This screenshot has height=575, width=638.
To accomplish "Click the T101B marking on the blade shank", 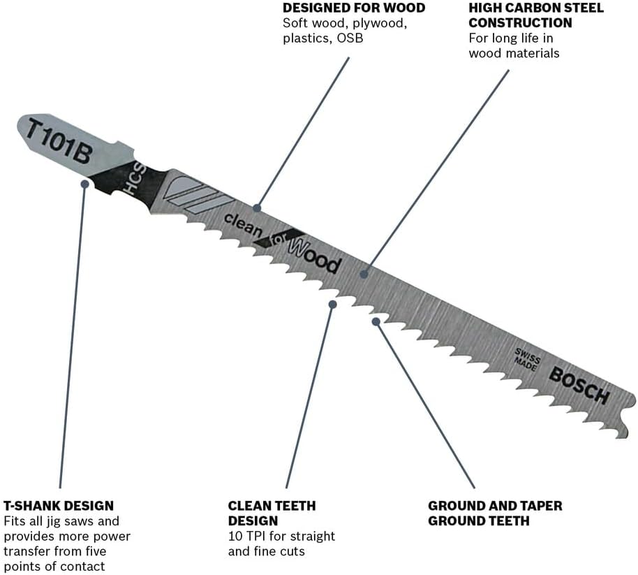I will (59, 142).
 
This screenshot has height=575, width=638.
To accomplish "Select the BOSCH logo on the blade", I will (579, 385).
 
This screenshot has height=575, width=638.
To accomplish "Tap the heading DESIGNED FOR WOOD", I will (354, 8).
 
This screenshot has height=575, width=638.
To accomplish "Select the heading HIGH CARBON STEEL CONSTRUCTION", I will (535, 15).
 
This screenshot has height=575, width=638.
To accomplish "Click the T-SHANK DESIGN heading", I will (59, 505).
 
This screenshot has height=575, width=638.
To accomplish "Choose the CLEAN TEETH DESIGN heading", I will (272, 513).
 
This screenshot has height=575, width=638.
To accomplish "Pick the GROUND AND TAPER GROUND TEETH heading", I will (495, 513).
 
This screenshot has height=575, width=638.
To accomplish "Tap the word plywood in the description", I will (380, 23).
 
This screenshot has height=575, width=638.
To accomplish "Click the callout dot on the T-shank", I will (84, 184).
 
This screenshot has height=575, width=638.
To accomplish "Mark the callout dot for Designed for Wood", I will (257, 208).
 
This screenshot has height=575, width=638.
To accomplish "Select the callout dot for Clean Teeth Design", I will (332, 304).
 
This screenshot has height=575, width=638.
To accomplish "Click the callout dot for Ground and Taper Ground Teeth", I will (376, 321).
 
